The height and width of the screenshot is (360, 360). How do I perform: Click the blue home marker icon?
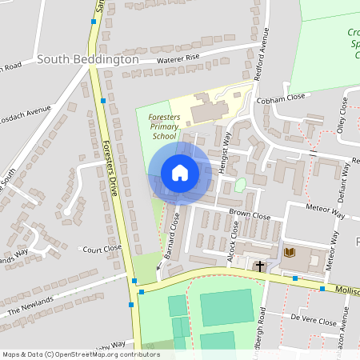tap(179, 173)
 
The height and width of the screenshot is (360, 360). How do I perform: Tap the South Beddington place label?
tap(88, 60)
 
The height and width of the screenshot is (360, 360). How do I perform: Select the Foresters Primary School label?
tap(164, 126)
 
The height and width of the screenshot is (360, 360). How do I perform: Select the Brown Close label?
tap(250, 216)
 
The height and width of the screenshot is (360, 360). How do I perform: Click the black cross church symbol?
tap(259, 265)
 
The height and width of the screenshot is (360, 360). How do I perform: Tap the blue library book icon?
tap(288, 254)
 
